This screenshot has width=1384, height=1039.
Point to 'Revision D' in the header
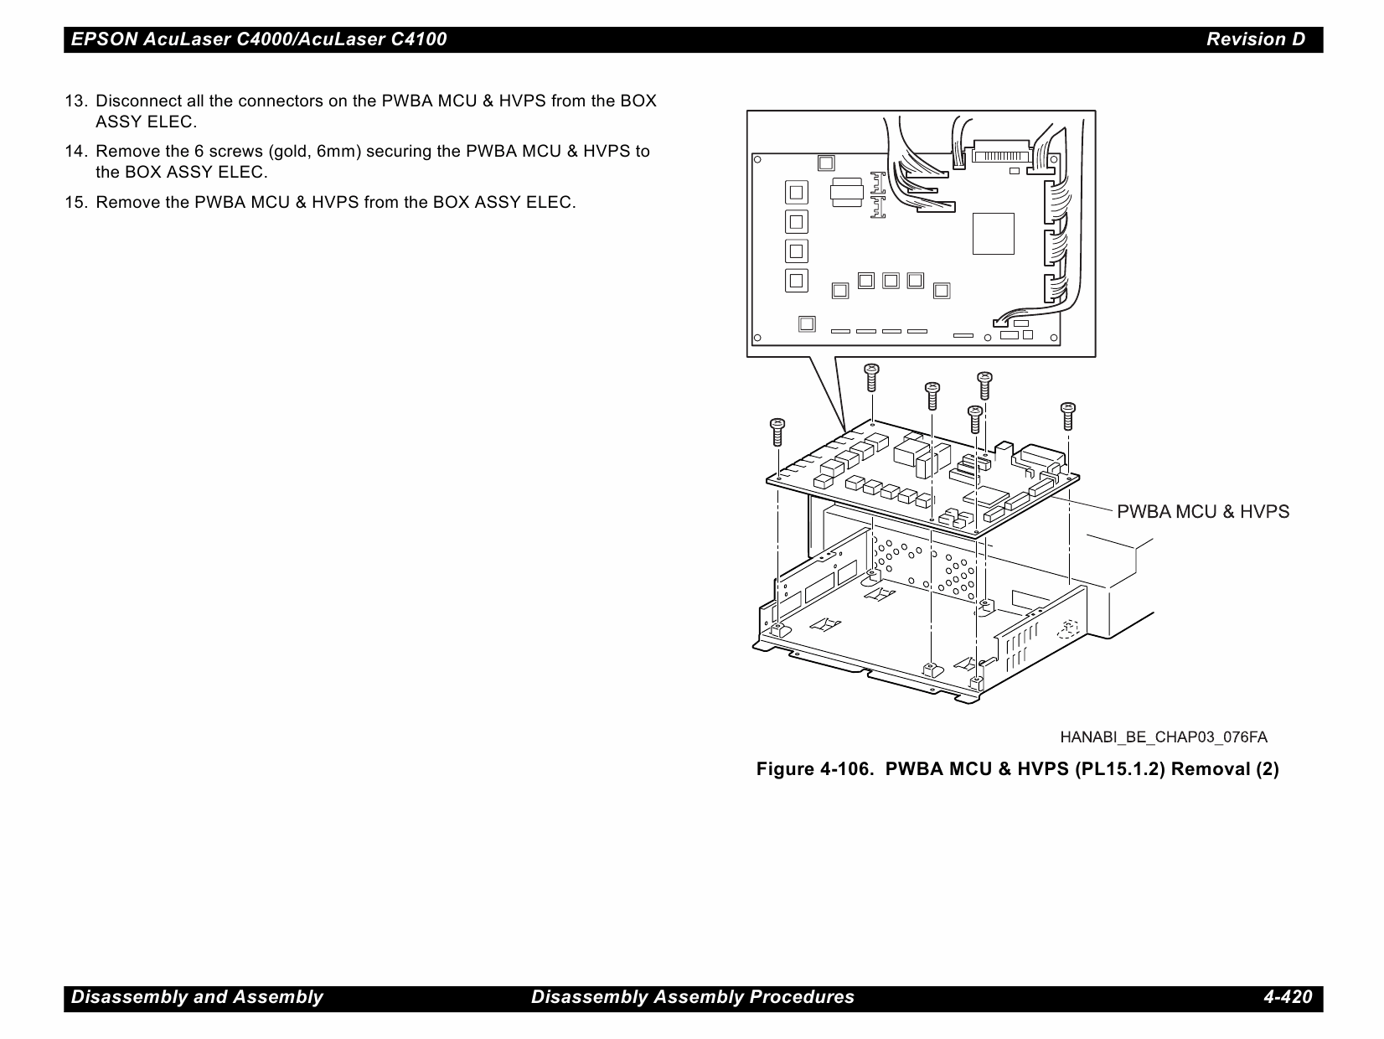[1255, 39]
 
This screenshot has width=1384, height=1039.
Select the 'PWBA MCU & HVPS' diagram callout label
[1203, 512]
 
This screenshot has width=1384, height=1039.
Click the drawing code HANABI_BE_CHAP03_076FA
[1164, 737]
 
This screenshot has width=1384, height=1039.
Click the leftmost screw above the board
[777, 432]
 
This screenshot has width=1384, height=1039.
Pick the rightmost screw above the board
[1067, 416]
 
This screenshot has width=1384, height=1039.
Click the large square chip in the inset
[993, 234]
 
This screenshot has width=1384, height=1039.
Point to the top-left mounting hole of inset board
[757, 158]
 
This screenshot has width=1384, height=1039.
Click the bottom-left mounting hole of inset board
[757, 339]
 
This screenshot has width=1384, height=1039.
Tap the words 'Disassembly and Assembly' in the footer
[197, 997]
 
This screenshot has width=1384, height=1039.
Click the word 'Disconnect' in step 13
[134, 101]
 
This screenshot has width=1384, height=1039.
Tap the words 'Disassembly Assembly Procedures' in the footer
[693, 997]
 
